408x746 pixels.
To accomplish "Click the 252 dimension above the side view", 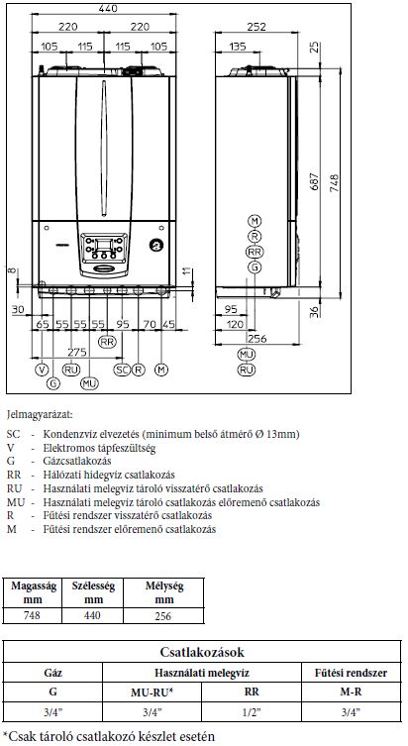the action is [256, 27].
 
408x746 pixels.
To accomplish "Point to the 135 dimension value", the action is [238, 47].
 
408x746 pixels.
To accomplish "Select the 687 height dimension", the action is [314, 181].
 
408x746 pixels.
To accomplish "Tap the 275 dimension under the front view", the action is [76, 352].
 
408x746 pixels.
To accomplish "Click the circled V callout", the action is [42, 370].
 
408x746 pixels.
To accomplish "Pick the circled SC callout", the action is [122, 370].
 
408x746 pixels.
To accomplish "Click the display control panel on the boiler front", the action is [105, 248].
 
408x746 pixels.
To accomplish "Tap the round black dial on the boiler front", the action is [156, 245].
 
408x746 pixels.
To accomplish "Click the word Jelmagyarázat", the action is [40, 415].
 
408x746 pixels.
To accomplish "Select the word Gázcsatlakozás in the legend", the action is [77, 461].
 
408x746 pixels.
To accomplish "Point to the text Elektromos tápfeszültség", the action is [99, 448].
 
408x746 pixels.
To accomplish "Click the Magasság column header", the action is [34, 586].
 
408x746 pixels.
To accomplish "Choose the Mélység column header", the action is [164, 586].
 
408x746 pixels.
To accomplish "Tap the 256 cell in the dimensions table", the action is [163, 616].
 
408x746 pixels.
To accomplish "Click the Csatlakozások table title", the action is [202, 652].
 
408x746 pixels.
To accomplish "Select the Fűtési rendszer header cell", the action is [351, 674].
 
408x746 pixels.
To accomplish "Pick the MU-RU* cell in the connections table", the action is [152, 693].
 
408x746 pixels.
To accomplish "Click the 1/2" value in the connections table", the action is [252, 712].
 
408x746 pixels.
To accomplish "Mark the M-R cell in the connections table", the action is [351, 693].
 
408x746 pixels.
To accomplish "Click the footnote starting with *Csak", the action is [108, 736].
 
